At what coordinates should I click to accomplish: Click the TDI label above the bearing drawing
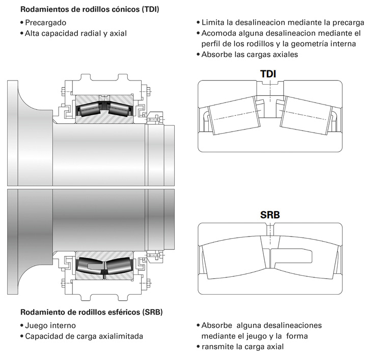click(268, 74)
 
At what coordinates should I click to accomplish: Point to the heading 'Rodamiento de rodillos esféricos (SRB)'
click(92, 312)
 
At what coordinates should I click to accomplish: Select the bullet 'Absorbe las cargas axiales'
click(250, 54)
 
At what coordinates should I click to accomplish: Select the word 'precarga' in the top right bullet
click(348, 22)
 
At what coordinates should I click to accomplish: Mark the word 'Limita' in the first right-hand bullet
click(213, 22)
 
